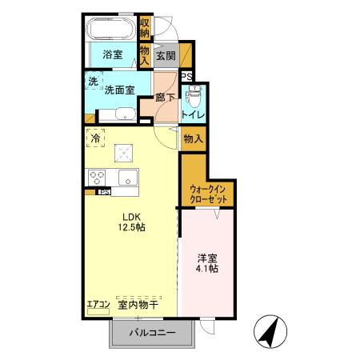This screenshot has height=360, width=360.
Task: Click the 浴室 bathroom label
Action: pyautogui.click(x=112, y=55)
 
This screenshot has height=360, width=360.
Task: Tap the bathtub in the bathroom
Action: pyautogui.click(x=111, y=30)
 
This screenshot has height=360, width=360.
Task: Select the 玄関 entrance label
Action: pyautogui.click(x=165, y=56)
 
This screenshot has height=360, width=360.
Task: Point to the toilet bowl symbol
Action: pyautogui.click(x=192, y=100)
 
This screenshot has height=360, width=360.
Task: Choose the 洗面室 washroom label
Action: pyautogui.click(x=119, y=91)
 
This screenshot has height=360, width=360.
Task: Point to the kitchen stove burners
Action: pyautogui.click(x=98, y=178)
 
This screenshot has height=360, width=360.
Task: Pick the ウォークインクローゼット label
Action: pyautogui.click(x=209, y=194)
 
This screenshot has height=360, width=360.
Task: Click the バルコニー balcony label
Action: pyautogui.click(x=152, y=332)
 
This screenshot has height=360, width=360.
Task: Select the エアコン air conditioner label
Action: pyautogui.click(x=98, y=305)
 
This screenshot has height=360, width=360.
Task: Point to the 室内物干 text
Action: pyautogui.click(x=138, y=305)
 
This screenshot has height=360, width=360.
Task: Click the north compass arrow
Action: pyautogui.click(x=269, y=330)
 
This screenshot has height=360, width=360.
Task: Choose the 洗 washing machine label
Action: pyautogui.click(x=93, y=81)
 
